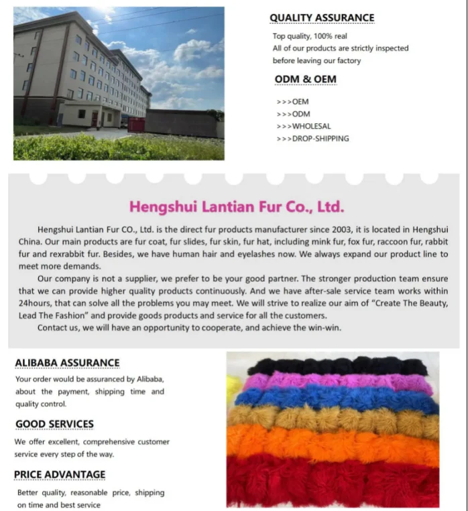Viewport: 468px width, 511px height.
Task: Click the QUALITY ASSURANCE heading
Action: (x=322, y=17)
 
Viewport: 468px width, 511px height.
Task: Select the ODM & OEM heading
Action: (x=305, y=80)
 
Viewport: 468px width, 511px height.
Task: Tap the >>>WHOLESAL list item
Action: (x=303, y=126)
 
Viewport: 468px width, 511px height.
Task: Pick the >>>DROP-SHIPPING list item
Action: (x=312, y=139)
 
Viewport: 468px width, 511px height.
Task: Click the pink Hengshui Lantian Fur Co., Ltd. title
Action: (x=236, y=206)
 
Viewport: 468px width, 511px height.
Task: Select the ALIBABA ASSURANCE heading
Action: (x=67, y=363)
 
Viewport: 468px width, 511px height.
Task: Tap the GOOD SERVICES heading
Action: (x=54, y=424)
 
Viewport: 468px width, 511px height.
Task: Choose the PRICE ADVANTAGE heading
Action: (x=60, y=474)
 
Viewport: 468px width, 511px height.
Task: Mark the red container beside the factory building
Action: (x=135, y=125)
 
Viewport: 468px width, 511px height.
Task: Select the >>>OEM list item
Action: (x=292, y=102)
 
